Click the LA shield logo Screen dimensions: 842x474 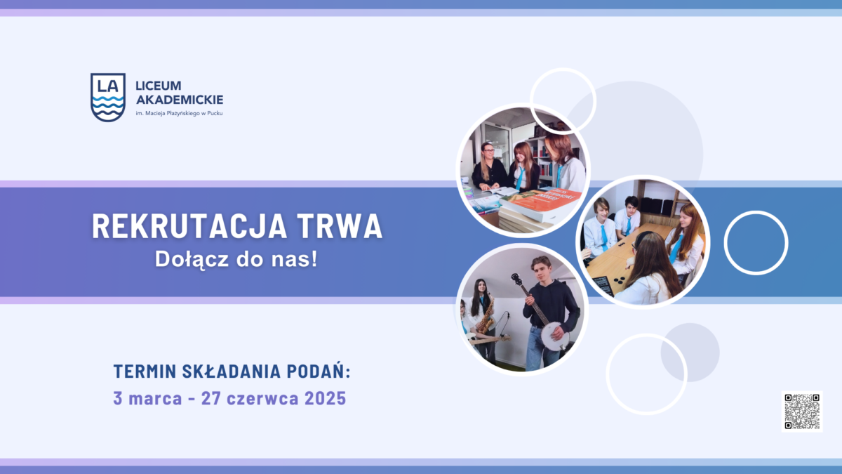click(x=108, y=98)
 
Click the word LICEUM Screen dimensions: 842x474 click(x=159, y=86)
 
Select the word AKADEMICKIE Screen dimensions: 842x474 click(x=180, y=100)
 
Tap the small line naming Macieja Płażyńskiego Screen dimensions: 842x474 click(x=179, y=113)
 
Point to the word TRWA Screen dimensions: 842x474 click(x=340, y=226)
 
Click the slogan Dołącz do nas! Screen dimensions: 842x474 click(x=236, y=260)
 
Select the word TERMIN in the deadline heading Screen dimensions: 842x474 click(x=145, y=371)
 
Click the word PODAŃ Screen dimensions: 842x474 click(x=319, y=371)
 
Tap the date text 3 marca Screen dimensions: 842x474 click(x=147, y=398)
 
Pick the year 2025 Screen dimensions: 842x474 click(x=325, y=398)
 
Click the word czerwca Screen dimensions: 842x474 click(x=262, y=398)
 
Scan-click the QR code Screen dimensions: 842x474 click(x=802, y=412)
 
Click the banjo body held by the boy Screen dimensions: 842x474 click(x=554, y=336)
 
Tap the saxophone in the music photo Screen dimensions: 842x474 click(x=486, y=316)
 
